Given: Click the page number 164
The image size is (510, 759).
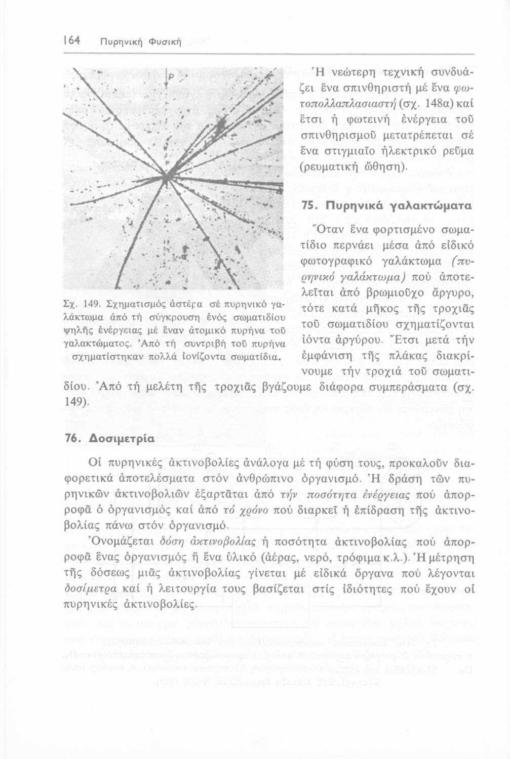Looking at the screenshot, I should click(x=71, y=40).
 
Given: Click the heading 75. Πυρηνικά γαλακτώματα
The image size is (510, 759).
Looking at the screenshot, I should click(x=386, y=206).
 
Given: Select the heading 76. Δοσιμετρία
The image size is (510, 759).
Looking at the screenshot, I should click(x=109, y=438).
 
